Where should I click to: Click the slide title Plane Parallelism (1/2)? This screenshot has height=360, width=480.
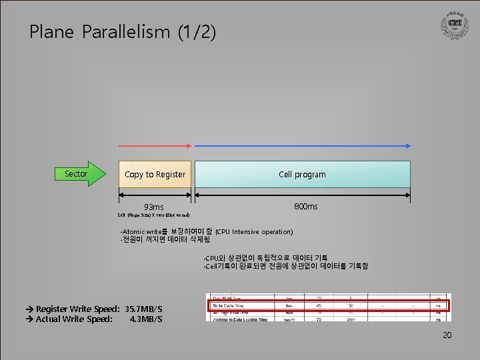pyautogui.click(x=123, y=32)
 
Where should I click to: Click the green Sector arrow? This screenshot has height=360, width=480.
pyautogui.click(x=79, y=174)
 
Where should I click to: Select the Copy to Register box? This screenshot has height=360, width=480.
pyautogui.click(x=155, y=174)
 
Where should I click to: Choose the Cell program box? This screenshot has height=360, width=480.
pyautogui.click(x=302, y=174)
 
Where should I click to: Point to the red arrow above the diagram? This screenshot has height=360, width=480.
pyautogui.click(x=155, y=145)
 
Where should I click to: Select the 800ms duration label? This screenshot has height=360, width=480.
pyautogui.click(x=306, y=207)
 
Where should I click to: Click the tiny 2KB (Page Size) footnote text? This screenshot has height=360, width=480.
pyautogui.click(x=154, y=216)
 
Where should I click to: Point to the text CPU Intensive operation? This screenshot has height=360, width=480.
pyautogui.click(x=254, y=231)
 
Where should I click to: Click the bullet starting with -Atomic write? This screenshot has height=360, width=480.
pyautogui.click(x=166, y=231)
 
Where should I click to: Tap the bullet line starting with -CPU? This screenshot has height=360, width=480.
pyautogui.click(x=265, y=257)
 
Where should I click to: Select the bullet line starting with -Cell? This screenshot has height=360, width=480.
pyautogui.click(x=285, y=266)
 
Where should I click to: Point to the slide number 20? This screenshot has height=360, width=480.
pyautogui.click(x=447, y=335)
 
